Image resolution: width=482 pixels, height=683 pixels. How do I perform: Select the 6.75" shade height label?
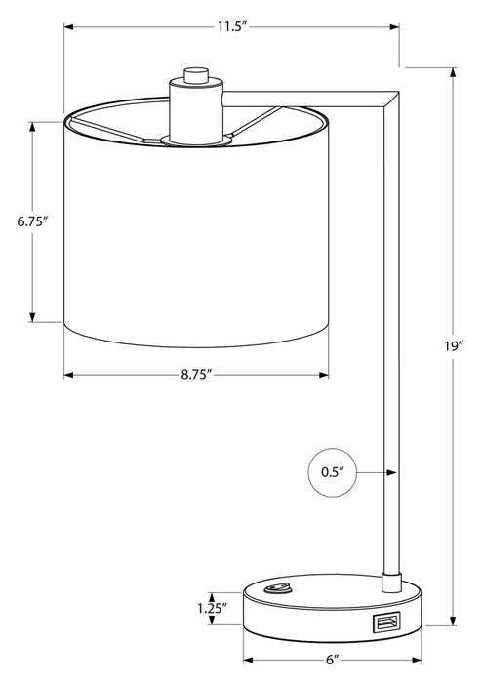pos(32,221)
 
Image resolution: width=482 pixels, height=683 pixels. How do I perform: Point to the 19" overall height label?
pos(453,344)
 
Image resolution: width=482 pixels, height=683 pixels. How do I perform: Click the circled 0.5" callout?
pos(331,473)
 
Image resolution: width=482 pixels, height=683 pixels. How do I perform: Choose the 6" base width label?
pos(332,660)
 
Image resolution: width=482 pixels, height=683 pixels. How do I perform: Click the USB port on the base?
pos(383,622)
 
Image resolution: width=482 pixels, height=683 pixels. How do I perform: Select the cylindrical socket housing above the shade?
pos(195,109)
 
